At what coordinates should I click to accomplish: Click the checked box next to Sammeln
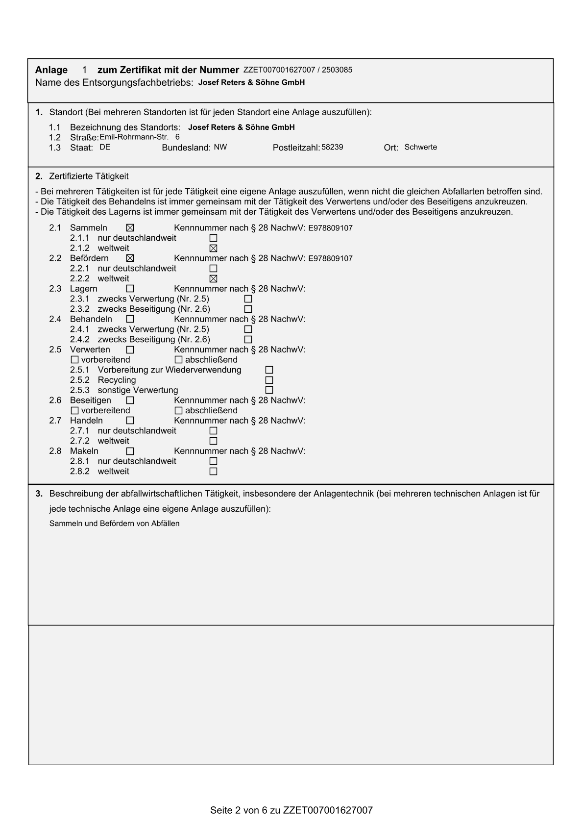point(130,228)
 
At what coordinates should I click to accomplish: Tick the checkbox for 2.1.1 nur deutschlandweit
point(213,238)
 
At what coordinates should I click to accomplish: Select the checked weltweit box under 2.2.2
point(213,279)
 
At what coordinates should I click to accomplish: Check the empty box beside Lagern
point(130,289)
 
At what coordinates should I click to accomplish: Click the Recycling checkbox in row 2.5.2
point(269,380)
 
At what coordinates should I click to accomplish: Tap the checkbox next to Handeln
point(130,421)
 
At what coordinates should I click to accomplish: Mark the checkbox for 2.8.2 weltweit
point(213,472)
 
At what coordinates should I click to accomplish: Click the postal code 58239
point(332,147)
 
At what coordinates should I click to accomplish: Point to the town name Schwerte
point(420,147)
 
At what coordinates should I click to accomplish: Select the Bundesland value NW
point(220,147)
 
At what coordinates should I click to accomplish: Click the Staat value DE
point(105,147)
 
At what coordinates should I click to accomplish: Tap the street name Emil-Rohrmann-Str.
point(134,137)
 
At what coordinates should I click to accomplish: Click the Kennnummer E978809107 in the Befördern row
point(330,258)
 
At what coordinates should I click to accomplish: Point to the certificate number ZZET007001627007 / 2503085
point(297,70)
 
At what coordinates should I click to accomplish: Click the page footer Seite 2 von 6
point(291,810)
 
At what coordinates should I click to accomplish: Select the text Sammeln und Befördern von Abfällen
point(114,524)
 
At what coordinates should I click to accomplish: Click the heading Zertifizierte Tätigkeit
point(89,176)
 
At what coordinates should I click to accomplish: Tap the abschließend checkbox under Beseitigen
point(178,411)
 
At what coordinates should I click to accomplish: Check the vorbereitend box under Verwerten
point(74,360)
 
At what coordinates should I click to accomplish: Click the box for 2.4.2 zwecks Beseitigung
point(248,340)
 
